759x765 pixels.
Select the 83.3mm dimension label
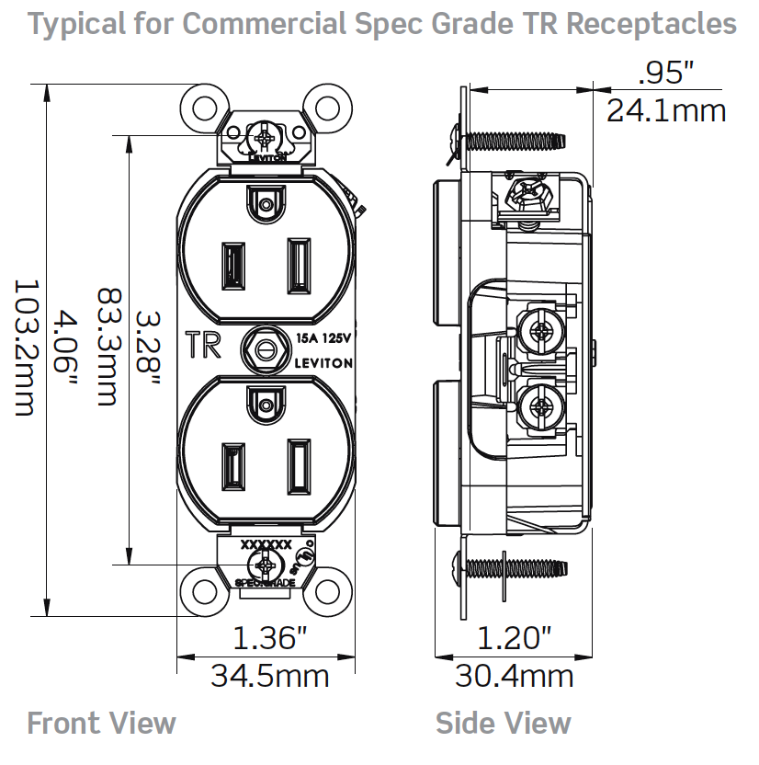click(108, 347)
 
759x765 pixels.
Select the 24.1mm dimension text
click(666, 111)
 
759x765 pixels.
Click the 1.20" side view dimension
click(514, 636)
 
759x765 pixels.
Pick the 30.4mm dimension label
click(515, 677)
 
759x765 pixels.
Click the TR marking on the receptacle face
click(203, 345)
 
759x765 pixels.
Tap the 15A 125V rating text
click(324, 339)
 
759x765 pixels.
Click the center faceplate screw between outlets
click(265, 349)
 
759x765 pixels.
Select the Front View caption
click(101, 724)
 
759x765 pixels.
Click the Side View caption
click(504, 724)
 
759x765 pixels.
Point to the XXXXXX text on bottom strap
click(266, 544)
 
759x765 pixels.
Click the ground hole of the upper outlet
click(266, 203)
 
